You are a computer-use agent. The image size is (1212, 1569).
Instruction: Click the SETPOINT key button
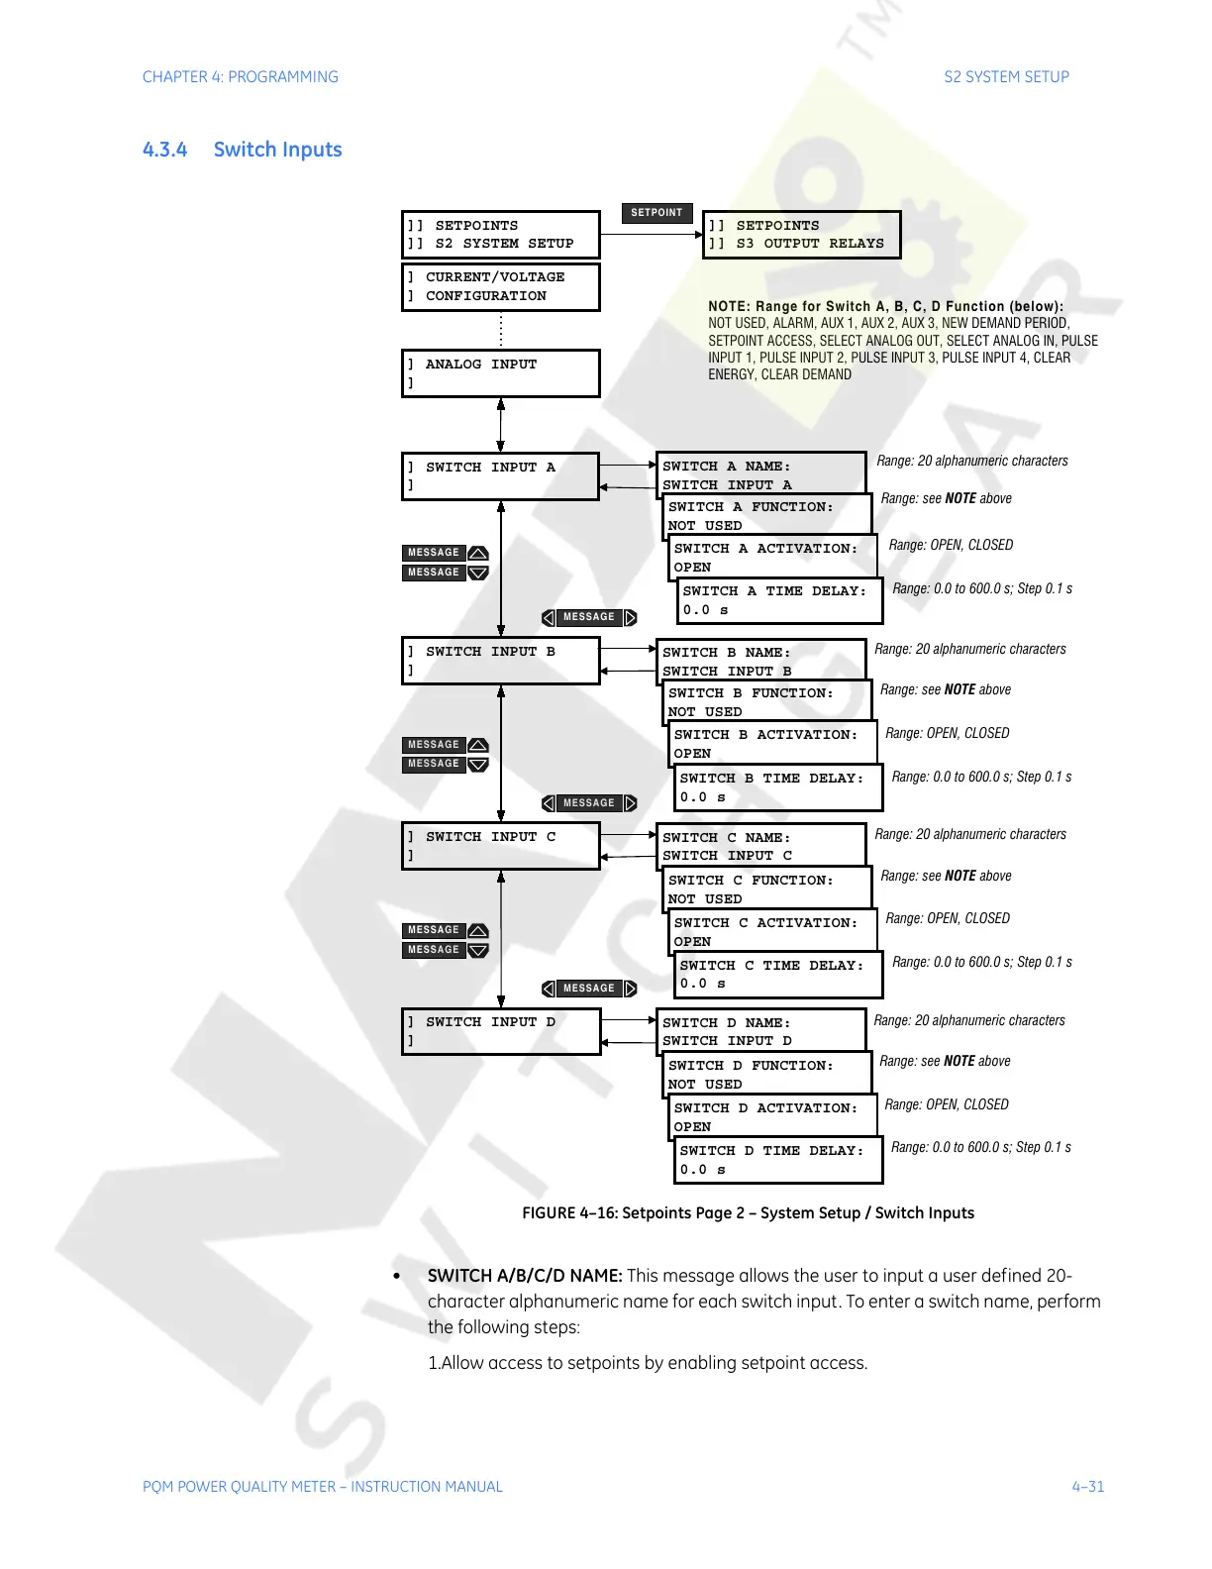[x=656, y=213]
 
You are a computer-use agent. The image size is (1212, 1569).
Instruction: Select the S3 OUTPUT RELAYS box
[x=801, y=235]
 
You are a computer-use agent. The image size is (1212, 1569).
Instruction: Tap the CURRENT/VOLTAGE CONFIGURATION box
[x=500, y=286]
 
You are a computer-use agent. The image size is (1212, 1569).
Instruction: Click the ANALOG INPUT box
[x=500, y=373]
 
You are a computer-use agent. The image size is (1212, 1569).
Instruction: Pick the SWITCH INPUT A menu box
[x=500, y=476]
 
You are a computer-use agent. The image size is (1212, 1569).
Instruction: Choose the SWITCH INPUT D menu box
[x=500, y=1031]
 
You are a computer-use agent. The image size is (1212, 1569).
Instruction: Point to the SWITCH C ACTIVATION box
[x=773, y=932]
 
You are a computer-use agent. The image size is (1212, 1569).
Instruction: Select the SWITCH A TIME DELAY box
[x=779, y=600]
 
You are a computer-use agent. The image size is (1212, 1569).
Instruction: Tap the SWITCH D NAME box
[x=759, y=1030]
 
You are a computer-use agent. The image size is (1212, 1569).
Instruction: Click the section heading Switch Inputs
[x=277, y=150]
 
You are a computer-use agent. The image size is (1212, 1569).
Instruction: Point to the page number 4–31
[x=1087, y=1487]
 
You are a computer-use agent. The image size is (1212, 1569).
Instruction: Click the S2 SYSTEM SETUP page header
[x=1006, y=77]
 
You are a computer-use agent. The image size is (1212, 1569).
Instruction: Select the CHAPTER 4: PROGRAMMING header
[x=241, y=77]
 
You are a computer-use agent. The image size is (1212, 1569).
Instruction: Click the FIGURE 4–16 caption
[x=748, y=1213]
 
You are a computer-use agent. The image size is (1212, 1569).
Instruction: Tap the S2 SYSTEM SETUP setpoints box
[x=500, y=235]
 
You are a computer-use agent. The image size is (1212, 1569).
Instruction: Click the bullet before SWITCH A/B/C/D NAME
[x=397, y=1277]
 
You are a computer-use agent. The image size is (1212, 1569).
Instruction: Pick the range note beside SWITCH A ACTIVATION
[x=951, y=546]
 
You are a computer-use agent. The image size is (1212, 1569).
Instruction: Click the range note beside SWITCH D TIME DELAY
[x=980, y=1148]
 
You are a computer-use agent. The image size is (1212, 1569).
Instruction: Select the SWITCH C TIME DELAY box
[x=777, y=975]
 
